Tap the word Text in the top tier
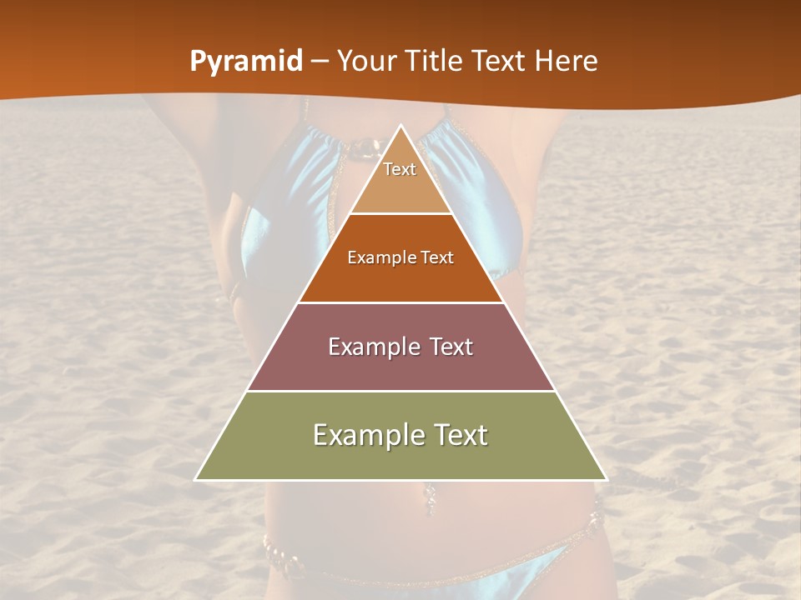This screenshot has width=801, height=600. [x=400, y=169]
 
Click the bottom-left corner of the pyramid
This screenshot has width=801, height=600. [x=195, y=480]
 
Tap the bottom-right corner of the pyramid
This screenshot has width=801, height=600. [x=607, y=480]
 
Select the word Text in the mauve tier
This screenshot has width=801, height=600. [x=451, y=347]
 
